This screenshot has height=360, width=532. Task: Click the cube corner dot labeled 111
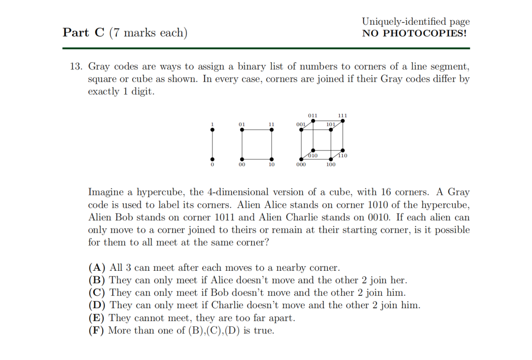[x=343, y=120]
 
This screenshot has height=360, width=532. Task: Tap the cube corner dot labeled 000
[x=302, y=159]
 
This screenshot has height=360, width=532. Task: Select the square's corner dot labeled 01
[x=242, y=129]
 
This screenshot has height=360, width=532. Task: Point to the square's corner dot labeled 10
[x=272, y=159]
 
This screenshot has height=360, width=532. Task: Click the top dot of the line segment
[x=213, y=129]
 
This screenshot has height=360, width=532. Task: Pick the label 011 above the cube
[x=313, y=115]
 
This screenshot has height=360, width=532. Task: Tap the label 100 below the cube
[x=331, y=165]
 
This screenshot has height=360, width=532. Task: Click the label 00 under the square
[x=242, y=165]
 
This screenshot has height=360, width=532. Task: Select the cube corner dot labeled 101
[x=331, y=129]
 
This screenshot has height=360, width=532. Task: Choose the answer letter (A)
[x=97, y=268]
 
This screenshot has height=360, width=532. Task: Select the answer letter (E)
[x=97, y=318]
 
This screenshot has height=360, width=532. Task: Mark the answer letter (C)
[x=97, y=293]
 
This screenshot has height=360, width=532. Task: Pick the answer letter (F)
[x=97, y=330]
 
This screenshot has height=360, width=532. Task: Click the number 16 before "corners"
[x=387, y=192]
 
